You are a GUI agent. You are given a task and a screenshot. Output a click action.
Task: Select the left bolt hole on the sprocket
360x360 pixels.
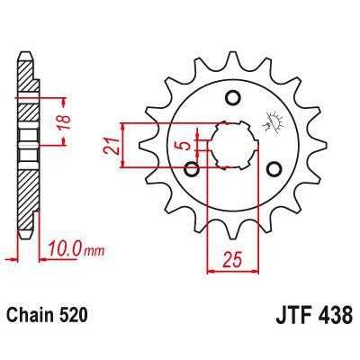191,168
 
